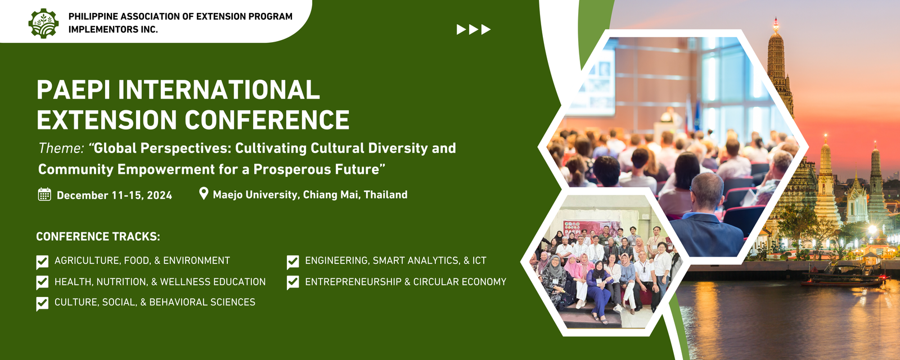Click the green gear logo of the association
click(x=43, y=23)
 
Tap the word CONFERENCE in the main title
click(x=267, y=120)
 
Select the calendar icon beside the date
click(x=44, y=195)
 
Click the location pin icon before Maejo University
click(x=204, y=193)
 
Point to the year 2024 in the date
click(x=159, y=195)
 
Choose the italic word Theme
click(x=61, y=148)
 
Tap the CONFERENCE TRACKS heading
click(x=98, y=236)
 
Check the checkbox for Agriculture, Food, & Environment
click(x=42, y=262)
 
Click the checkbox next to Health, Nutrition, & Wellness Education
click(x=42, y=282)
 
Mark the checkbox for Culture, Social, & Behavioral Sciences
click(x=42, y=303)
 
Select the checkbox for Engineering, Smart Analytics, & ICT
click(x=293, y=262)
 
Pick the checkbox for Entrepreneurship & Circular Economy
click(x=293, y=282)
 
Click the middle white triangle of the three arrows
click(x=473, y=29)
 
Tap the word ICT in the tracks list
click(x=479, y=261)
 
